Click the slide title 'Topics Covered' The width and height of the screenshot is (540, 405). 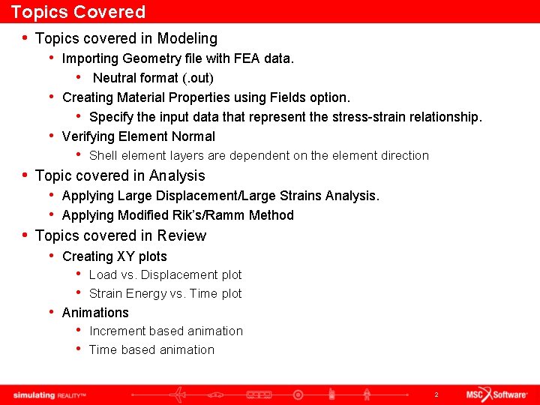click(x=78, y=12)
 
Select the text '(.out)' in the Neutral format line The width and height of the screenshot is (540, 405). click(x=198, y=78)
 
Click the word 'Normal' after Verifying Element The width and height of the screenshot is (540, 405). click(x=193, y=136)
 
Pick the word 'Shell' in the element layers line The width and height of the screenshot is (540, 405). click(x=103, y=156)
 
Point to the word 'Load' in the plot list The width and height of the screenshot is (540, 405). click(x=103, y=275)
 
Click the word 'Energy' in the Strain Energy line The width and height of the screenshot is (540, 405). click(x=146, y=294)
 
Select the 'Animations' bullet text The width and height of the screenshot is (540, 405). click(x=95, y=313)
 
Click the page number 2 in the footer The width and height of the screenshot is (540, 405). click(x=436, y=394)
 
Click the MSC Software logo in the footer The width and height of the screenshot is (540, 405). click(x=496, y=394)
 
